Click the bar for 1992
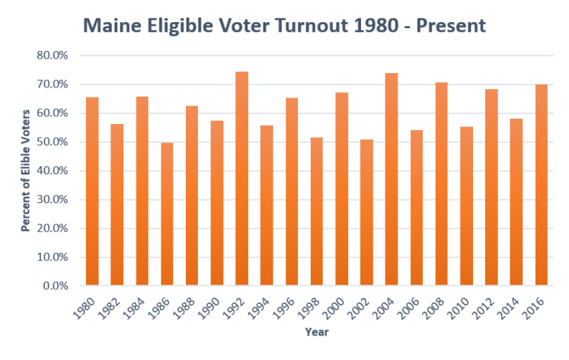(x=241, y=179)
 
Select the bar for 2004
(x=391, y=180)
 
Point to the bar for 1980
(x=92, y=191)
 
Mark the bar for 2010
(x=466, y=206)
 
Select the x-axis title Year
(x=315, y=332)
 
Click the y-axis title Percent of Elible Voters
(x=25, y=167)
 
